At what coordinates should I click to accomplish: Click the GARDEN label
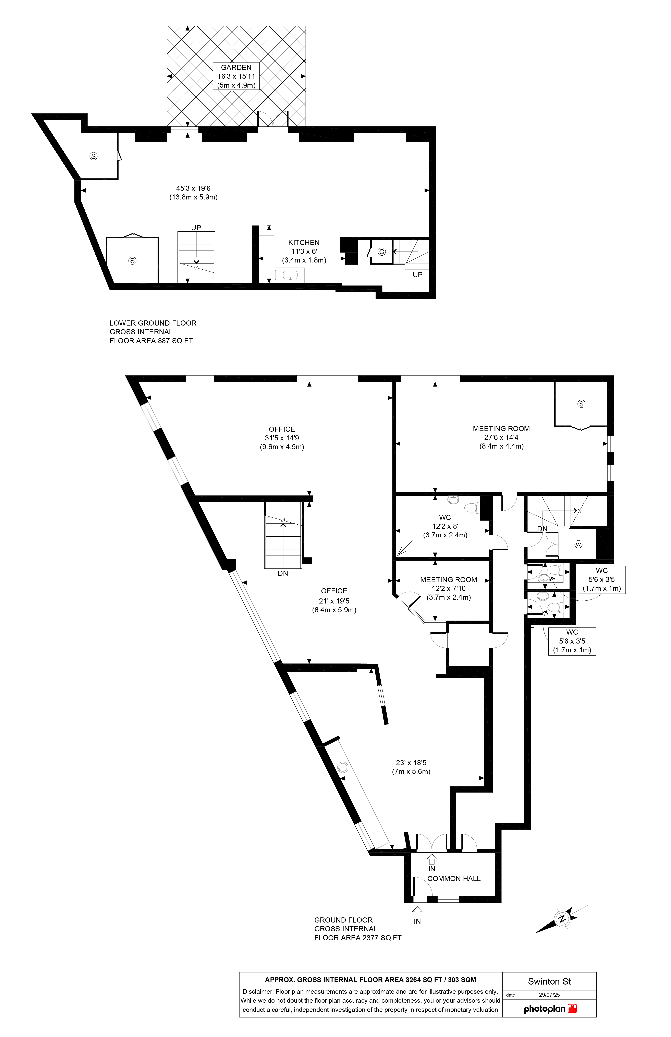236,68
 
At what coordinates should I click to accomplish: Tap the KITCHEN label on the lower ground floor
304,243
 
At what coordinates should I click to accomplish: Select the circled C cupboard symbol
382,251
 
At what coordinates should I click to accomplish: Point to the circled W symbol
578,544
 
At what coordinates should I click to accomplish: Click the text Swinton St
549,982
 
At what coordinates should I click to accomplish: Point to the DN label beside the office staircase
283,573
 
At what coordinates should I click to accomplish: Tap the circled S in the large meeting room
581,404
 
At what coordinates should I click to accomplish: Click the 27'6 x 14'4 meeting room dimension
501,437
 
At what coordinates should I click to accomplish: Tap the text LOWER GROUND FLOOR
153,323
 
